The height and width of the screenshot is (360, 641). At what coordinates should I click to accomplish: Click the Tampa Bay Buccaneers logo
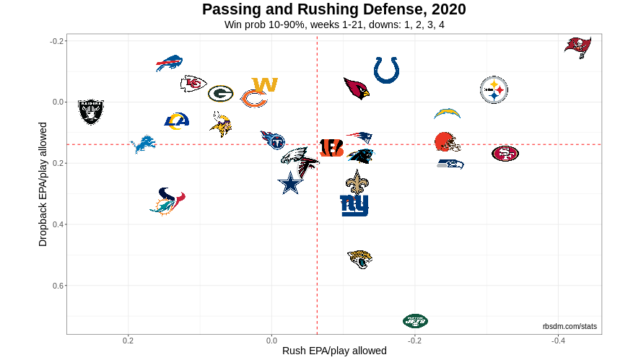point(577,46)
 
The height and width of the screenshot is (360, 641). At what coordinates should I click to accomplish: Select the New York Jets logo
point(415,320)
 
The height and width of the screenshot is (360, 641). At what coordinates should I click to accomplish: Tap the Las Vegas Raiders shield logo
point(91,112)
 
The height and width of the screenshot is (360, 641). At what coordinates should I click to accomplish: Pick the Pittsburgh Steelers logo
point(494,90)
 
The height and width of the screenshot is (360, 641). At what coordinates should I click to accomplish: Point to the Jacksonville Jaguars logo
point(359,259)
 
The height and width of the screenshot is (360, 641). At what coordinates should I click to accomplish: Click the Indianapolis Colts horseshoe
point(387,70)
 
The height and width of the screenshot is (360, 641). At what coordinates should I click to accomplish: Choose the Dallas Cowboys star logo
point(290,183)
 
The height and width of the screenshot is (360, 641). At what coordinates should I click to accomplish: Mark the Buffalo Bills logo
point(169,63)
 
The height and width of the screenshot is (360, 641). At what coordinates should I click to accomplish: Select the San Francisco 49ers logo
point(505,153)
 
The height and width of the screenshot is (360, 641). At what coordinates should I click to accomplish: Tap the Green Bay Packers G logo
point(220,93)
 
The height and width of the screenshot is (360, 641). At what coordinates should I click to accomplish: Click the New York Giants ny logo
point(354,205)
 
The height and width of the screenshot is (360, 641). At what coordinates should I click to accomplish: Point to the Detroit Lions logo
point(143,144)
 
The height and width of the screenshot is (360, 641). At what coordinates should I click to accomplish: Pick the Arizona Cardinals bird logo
point(357,88)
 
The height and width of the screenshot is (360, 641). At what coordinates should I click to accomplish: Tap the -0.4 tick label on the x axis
point(557,340)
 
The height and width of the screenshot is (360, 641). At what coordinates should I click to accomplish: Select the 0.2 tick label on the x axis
point(128,340)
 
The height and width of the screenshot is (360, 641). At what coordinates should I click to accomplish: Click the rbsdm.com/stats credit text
point(570,327)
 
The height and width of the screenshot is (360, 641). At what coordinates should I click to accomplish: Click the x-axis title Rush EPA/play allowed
point(333,351)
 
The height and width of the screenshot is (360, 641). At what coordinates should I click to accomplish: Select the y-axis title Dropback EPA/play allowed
point(43,183)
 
